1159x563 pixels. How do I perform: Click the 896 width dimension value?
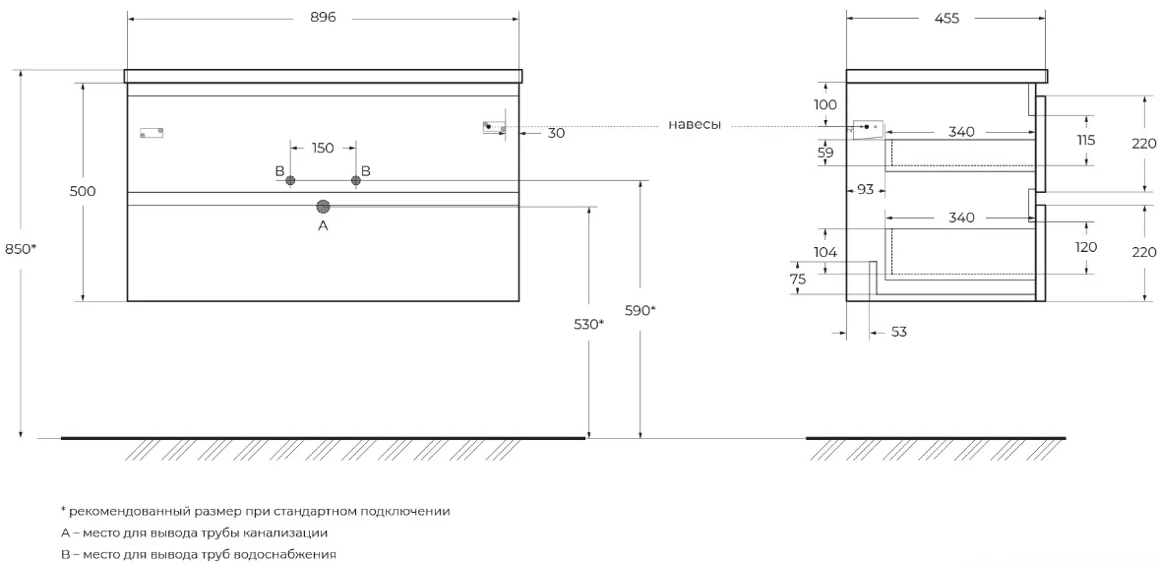pyautogui.click(x=323, y=18)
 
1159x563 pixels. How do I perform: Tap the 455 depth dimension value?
pyautogui.click(x=946, y=19)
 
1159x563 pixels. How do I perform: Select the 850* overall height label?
pyautogui.click(x=20, y=250)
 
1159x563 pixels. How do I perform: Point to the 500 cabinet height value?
pyautogui.click(x=83, y=191)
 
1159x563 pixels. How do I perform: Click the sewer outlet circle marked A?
pyautogui.click(x=323, y=207)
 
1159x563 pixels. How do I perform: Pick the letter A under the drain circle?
pyautogui.click(x=323, y=226)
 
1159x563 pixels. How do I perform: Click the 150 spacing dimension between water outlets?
pyautogui.click(x=323, y=148)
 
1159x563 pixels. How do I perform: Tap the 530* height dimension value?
pyautogui.click(x=589, y=324)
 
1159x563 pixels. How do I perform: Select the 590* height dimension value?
pyautogui.click(x=640, y=311)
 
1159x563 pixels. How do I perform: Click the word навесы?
pyautogui.click(x=695, y=124)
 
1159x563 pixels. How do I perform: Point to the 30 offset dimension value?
pyautogui.click(x=557, y=133)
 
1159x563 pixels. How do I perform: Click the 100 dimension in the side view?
pyautogui.click(x=825, y=104)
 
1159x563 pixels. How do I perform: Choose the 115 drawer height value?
pyautogui.click(x=1086, y=140)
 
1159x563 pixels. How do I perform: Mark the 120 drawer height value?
pyautogui.click(x=1086, y=247)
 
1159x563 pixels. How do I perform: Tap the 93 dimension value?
pyautogui.click(x=865, y=189)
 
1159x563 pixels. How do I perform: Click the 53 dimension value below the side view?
pyautogui.click(x=898, y=332)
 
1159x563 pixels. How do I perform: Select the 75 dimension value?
pyautogui.click(x=798, y=279)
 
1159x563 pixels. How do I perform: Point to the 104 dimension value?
pyautogui.click(x=825, y=252)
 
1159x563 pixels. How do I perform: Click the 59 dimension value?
pyautogui.click(x=825, y=154)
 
